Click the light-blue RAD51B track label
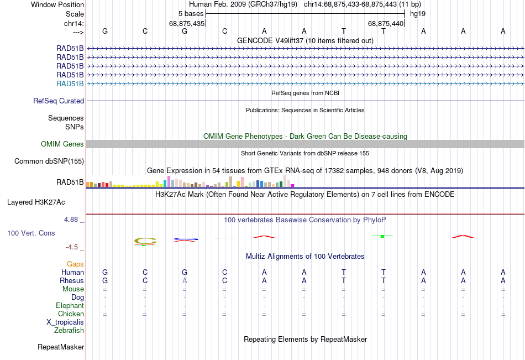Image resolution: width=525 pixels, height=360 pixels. click(x=70, y=84)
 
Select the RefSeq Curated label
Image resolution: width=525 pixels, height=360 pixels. click(x=59, y=101)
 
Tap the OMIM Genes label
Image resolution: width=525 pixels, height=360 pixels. click(x=62, y=144)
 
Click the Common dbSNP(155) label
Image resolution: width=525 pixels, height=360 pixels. click(x=49, y=161)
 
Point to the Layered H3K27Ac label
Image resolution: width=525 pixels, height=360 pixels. click(x=36, y=202)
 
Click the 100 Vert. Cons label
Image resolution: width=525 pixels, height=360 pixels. click(x=31, y=233)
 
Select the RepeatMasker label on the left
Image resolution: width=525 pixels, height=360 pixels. click(x=61, y=347)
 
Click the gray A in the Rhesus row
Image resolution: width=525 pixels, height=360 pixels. click(x=185, y=280)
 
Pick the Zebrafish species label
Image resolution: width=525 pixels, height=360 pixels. click(x=69, y=331)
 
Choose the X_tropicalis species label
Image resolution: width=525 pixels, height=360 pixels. click(x=65, y=322)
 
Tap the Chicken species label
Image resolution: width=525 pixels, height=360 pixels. click(x=71, y=314)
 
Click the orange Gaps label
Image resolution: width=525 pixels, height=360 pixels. click(x=75, y=264)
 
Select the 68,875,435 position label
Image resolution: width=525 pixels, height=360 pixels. click(x=187, y=23)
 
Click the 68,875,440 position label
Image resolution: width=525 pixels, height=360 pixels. click(x=386, y=23)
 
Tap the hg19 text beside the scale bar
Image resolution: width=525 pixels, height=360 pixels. click(x=418, y=14)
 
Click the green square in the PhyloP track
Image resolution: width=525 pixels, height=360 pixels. click(x=382, y=236)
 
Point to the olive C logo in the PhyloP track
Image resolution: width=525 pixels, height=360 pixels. click(x=145, y=241)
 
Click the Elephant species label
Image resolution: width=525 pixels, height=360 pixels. click(x=70, y=306)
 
